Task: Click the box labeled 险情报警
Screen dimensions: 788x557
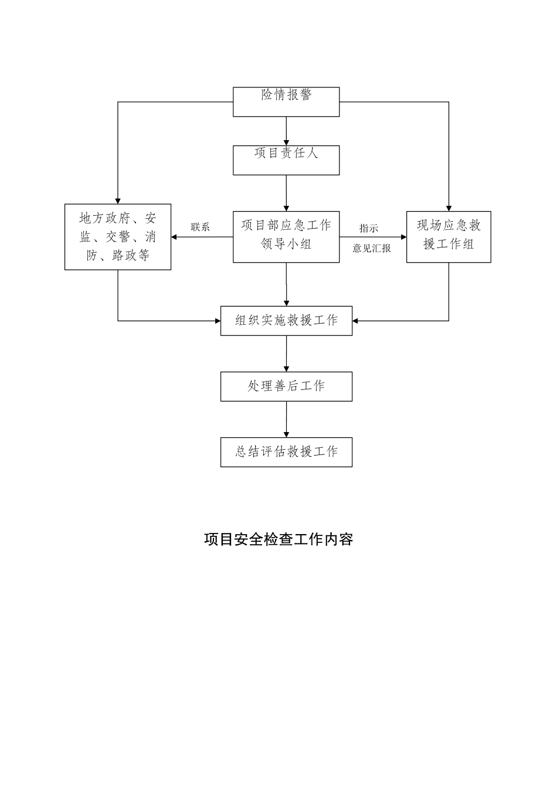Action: (x=286, y=101)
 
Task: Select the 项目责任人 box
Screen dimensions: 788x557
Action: (x=286, y=159)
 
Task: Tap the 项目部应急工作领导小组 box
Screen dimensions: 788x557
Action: (x=286, y=236)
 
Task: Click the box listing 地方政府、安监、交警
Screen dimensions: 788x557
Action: (x=118, y=236)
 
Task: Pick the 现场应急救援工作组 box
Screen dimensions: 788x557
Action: (x=449, y=236)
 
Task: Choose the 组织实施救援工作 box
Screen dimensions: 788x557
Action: (x=286, y=321)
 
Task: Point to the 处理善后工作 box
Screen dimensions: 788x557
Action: (x=286, y=386)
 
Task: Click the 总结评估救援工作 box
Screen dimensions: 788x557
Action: (x=286, y=452)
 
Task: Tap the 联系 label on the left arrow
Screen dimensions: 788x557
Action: (x=201, y=227)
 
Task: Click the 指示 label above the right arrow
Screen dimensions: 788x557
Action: (x=369, y=228)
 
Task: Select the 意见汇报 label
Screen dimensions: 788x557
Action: (x=372, y=248)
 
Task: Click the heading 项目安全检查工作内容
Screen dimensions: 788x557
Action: (x=278, y=539)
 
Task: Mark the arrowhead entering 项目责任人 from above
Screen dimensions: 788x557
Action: (x=286, y=142)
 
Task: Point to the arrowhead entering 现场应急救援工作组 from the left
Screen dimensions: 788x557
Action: (x=403, y=237)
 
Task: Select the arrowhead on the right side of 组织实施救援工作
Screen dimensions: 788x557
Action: (x=356, y=321)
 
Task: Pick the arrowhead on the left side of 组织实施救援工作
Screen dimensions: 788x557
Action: (x=217, y=321)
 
